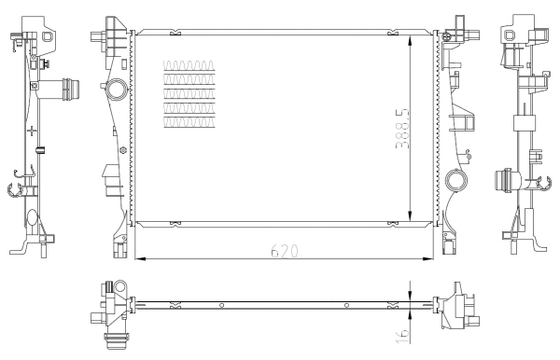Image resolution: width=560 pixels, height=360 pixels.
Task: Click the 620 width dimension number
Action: click(x=285, y=251)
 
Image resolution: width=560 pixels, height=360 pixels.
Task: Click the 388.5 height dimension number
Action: click(x=402, y=128)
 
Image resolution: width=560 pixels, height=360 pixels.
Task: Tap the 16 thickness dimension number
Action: click(x=402, y=337)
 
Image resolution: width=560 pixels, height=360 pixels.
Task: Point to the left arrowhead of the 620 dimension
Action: click(x=140, y=258)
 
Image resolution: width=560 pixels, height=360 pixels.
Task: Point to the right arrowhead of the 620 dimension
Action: click(x=427, y=258)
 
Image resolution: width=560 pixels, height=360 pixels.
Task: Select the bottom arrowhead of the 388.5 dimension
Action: click(x=411, y=216)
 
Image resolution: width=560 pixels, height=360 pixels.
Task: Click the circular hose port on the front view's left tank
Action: click(x=117, y=89)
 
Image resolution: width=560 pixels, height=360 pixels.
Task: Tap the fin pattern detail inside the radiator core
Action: click(x=189, y=94)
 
